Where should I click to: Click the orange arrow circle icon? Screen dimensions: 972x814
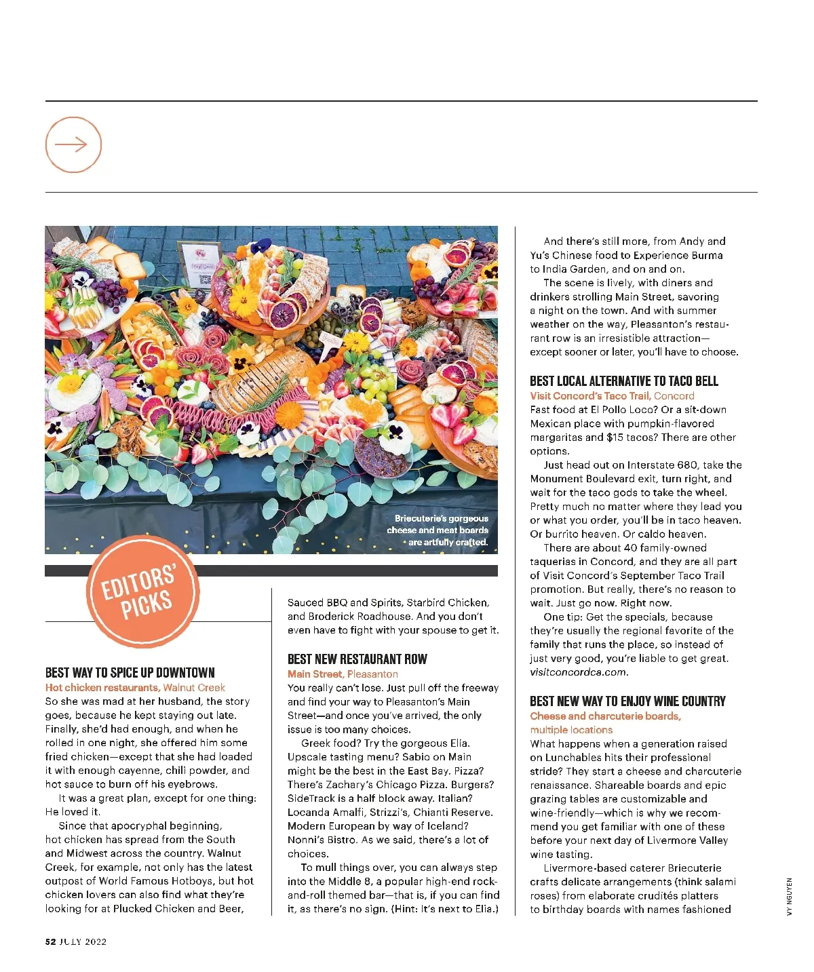73,144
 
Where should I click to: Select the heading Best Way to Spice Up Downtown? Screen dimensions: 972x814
130,673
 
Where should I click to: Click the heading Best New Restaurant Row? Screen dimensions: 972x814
357,659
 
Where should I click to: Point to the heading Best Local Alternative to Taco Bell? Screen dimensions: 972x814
623,381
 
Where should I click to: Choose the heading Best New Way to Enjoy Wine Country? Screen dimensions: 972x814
627,701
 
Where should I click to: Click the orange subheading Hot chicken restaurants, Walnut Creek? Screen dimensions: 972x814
135,688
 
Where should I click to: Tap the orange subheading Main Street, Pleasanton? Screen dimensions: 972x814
343,674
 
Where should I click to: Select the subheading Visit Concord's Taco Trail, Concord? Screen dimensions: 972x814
612,396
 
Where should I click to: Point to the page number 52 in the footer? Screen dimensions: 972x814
50,941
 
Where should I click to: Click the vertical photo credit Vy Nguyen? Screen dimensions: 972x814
789,897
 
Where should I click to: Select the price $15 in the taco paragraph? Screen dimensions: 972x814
615,438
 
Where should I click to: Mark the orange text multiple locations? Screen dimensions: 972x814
571,730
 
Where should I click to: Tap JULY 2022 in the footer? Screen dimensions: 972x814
83,941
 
